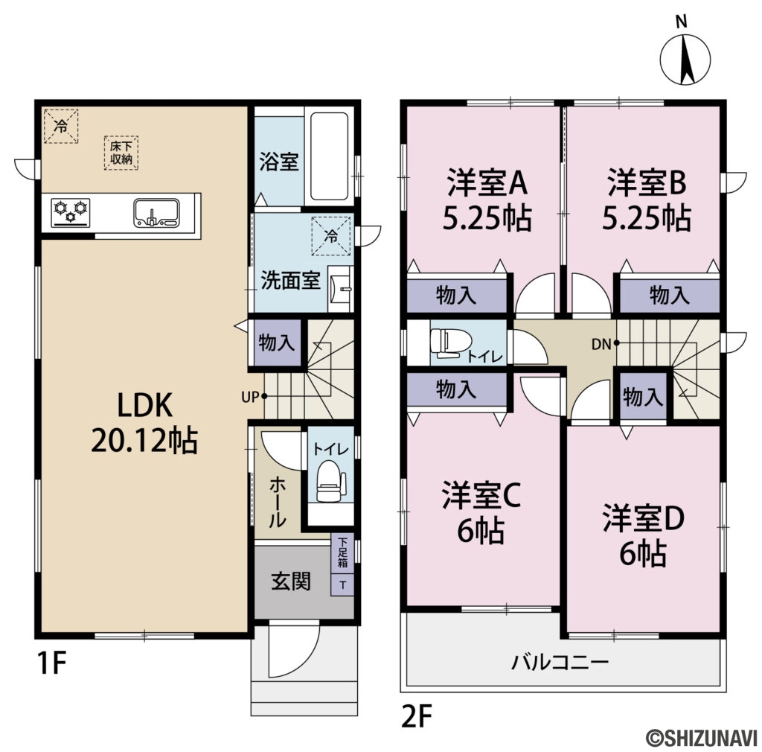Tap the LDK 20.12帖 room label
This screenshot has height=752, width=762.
[144, 423]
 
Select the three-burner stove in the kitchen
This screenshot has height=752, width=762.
[70, 211]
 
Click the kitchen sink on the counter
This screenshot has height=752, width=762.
[156, 211]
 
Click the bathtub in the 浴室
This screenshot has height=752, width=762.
[329, 156]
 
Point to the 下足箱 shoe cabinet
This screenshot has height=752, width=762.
[342, 555]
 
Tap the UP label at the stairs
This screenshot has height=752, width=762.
[249, 396]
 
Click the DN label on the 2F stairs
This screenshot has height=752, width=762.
[601, 344]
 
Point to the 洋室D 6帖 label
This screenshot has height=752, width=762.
[642, 534]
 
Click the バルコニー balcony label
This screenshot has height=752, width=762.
[560, 662]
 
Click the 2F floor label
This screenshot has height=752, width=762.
[417, 716]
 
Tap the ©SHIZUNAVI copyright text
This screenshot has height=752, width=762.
[700, 736]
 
